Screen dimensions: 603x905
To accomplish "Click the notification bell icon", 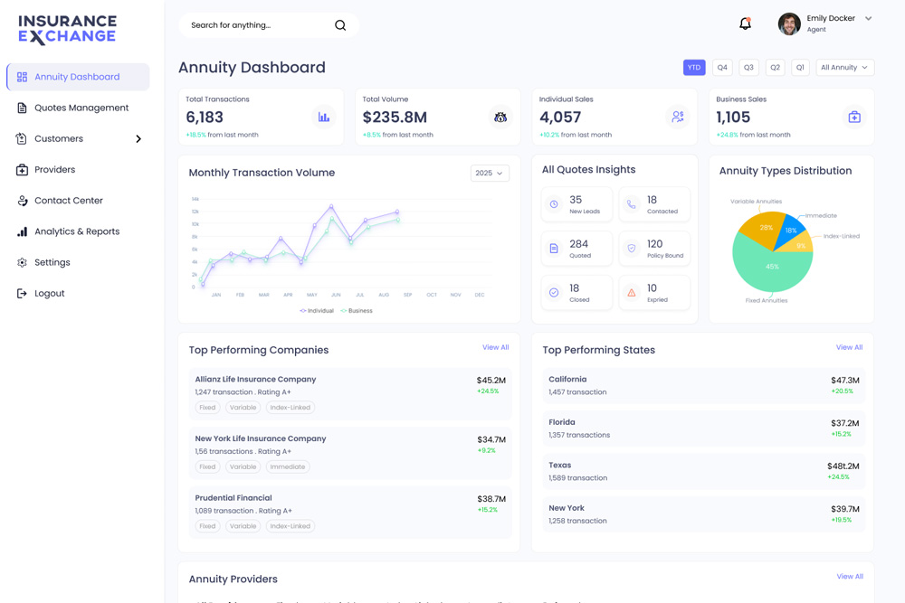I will click(745, 24).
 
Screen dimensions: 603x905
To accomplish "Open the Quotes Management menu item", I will click(81, 108).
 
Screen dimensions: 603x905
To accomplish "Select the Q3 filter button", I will click(748, 68).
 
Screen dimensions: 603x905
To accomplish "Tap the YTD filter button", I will click(694, 68).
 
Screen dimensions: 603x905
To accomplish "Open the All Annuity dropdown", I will click(844, 68).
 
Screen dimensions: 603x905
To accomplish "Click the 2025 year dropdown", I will click(490, 173).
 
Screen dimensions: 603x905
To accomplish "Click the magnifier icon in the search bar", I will click(340, 25).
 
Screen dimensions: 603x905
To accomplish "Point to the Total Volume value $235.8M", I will click(395, 118).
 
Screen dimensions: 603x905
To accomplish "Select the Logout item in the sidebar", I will click(49, 293).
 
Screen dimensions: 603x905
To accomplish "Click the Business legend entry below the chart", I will click(357, 311).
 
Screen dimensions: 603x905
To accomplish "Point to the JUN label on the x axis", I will click(336, 295).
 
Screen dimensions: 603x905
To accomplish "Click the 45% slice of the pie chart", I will click(771, 268).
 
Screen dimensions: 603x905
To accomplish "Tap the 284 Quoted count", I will click(579, 244).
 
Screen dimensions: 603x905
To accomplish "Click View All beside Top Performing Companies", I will click(495, 347).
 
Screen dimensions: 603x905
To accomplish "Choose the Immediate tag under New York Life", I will click(287, 466).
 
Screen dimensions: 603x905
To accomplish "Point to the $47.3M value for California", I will click(844, 381).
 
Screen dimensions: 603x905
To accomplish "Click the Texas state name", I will click(560, 466).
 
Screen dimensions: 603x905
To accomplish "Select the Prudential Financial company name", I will click(233, 498).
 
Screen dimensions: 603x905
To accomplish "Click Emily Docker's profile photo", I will click(789, 24).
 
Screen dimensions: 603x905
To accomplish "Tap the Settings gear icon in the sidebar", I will click(22, 262).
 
